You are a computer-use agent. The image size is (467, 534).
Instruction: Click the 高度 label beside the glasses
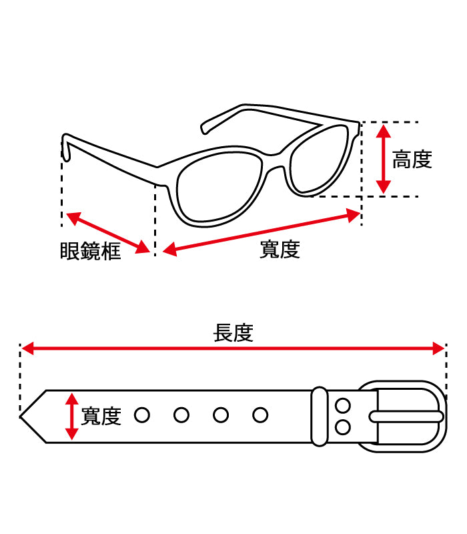click(x=412, y=160)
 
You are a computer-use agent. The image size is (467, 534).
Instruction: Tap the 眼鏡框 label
click(x=91, y=252)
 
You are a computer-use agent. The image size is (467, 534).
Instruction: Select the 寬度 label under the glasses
click(x=280, y=250)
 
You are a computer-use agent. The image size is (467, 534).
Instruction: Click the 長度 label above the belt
click(x=233, y=332)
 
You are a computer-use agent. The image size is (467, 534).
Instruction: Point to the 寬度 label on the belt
click(x=101, y=417)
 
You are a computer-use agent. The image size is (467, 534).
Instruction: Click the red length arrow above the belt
click(x=233, y=348)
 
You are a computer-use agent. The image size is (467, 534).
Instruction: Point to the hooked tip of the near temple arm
click(x=66, y=149)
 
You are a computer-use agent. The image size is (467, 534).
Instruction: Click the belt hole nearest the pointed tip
click(x=141, y=415)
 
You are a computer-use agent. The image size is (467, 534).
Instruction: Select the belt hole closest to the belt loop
click(x=260, y=415)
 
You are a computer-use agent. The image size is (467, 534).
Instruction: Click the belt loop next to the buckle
click(x=320, y=416)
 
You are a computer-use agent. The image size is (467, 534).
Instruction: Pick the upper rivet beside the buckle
click(x=343, y=405)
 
